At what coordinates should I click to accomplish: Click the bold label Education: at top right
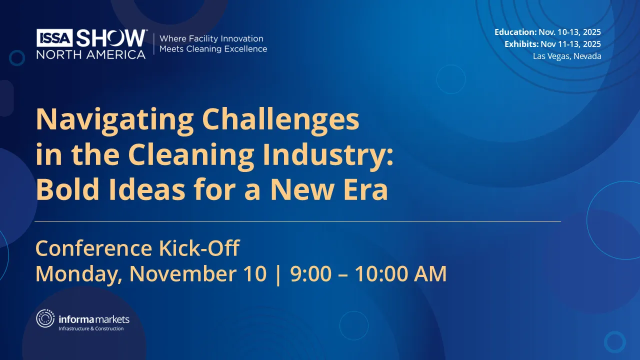[x=515, y=32]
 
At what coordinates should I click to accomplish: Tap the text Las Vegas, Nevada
[x=567, y=56]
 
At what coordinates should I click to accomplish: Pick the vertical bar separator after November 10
[x=278, y=274]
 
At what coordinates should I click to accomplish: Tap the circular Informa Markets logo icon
[x=45, y=319]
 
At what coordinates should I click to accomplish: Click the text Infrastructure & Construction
[x=91, y=328]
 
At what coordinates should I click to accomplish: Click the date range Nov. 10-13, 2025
[x=569, y=32]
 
